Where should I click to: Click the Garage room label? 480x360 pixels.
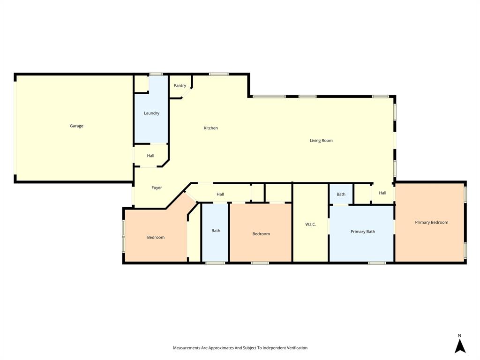pyautogui.click(x=76, y=126)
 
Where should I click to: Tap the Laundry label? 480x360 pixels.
pyautogui.click(x=151, y=113)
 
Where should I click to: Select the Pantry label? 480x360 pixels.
pyautogui.click(x=180, y=86)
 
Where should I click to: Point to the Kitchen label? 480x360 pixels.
pyautogui.click(x=210, y=128)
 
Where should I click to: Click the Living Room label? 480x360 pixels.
pyautogui.click(x=321, y=141)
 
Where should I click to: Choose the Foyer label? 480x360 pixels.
pyautogui.click(x=157, y=188)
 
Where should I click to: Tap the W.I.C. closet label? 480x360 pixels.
pyautogui.click(x=310, y=225)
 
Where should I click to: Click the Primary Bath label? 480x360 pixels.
pyautogui.click(x=363, y=232)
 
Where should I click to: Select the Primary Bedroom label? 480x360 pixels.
pyautogui.click(x=431, y=223)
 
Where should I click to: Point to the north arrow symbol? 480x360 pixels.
pyautogui.click(x=460, y=346)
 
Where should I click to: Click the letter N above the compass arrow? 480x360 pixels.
pyautogui.click(x=459, y=336)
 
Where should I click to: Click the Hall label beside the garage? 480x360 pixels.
pyautogui.click(x=150, y=156)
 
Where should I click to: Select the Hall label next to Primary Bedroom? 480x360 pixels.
pyautogui.click(x=382, y=193)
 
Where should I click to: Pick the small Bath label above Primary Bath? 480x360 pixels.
pyautogui.click(x=341, y=195)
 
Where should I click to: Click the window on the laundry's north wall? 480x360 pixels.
pyautogui.click(x=156, y=74)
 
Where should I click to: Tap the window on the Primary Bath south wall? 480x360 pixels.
pyautogui.click(x=377, y=263)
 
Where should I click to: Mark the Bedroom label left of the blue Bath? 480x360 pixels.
pyautogui.click(x=156, y=238)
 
